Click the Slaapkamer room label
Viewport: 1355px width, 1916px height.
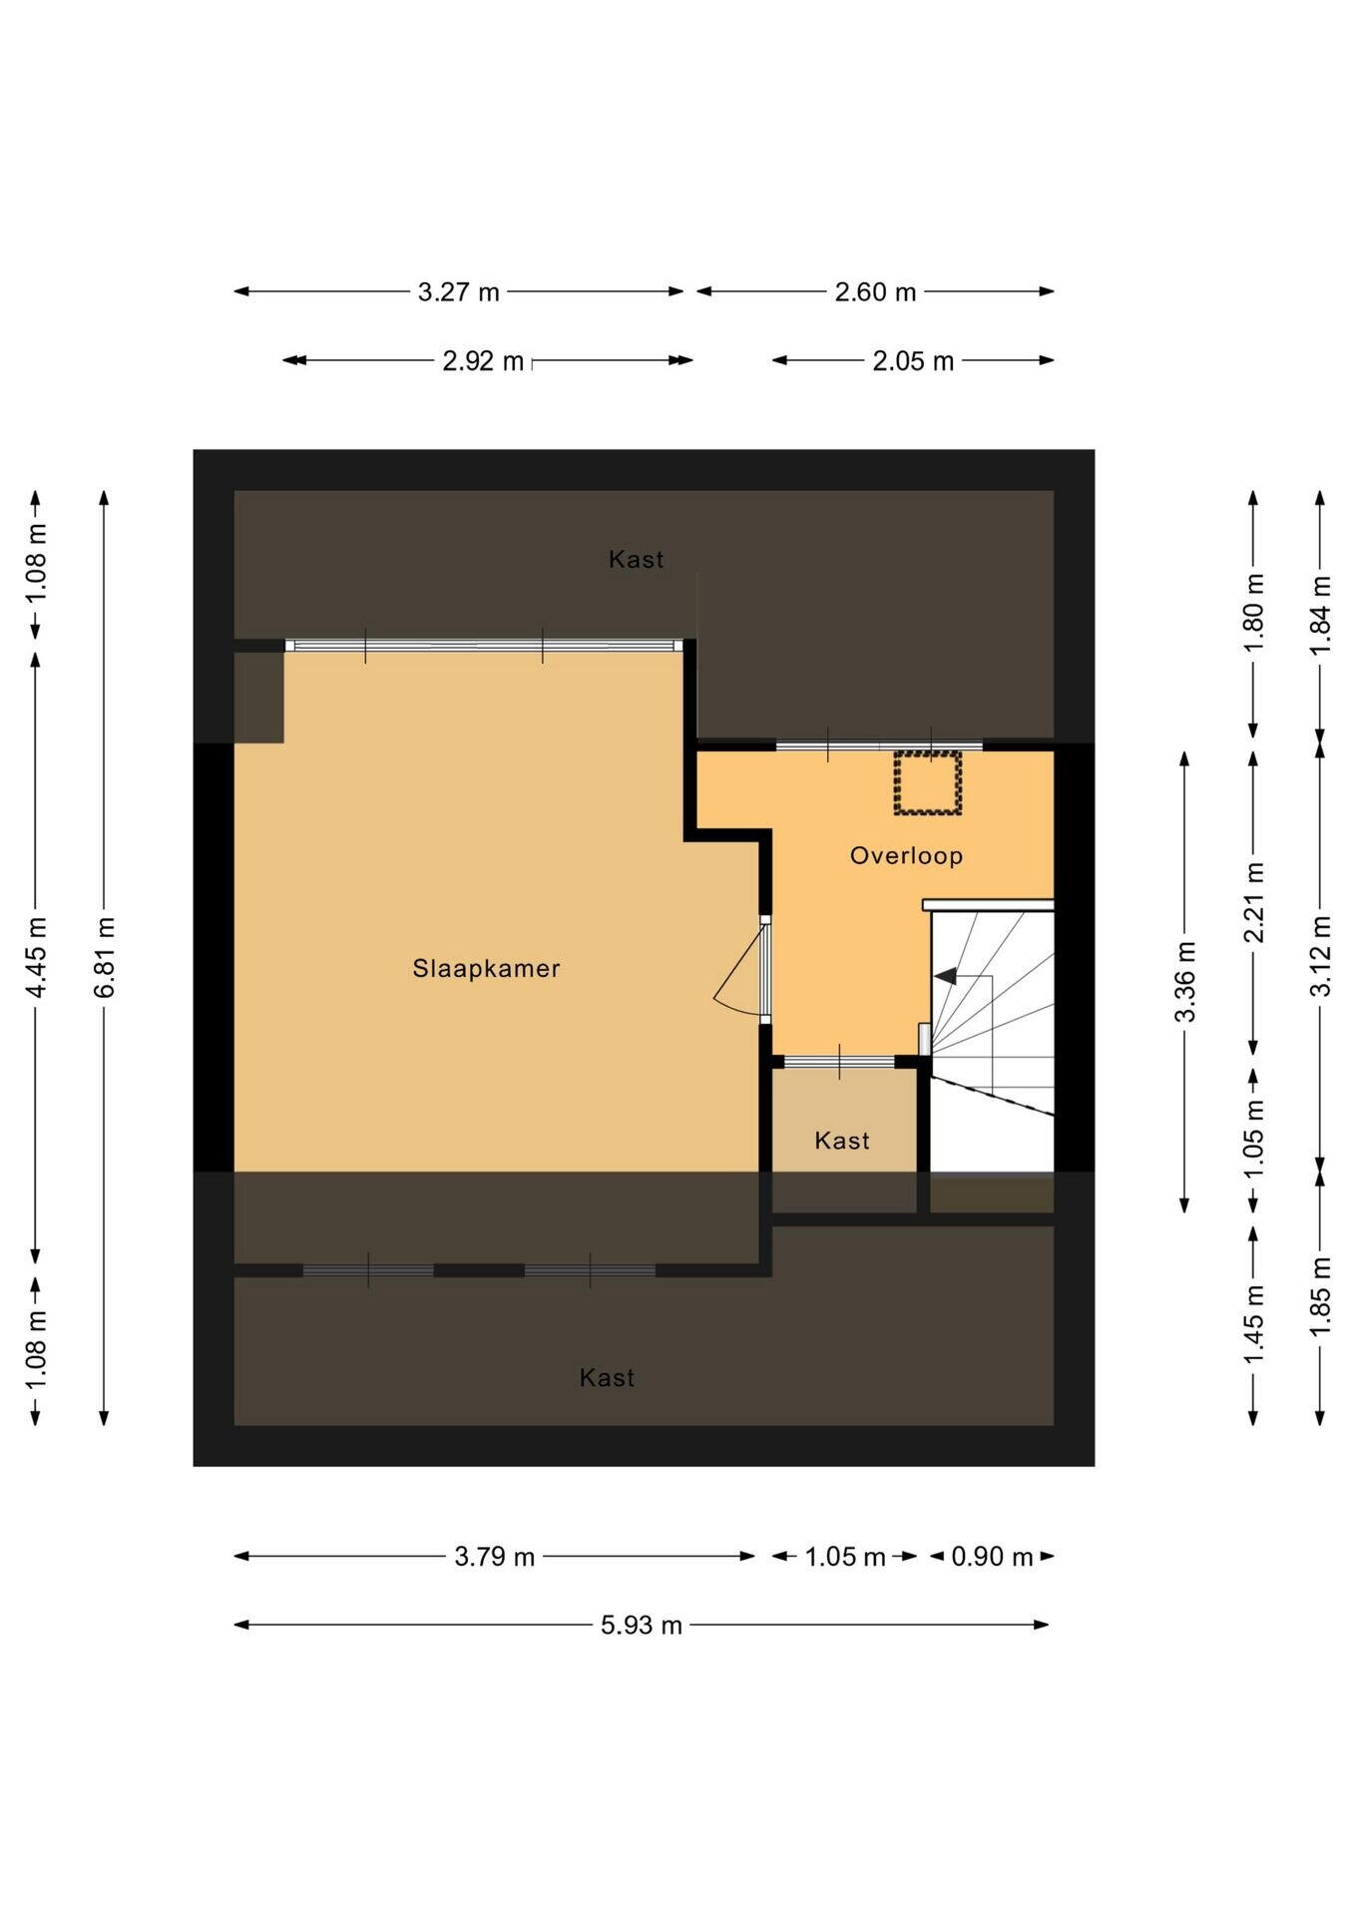(x=486, y=968)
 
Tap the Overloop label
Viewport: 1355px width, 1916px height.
(x=906, y=855)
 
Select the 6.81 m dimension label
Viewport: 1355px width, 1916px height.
(x=105, y=957)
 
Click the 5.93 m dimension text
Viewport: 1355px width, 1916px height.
(x=641, y=1625)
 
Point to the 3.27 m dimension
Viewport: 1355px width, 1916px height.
(x=458, y=292)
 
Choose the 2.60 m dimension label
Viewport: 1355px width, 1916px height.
(x=875, y=292)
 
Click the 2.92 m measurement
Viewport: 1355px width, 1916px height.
(x=483, y=361)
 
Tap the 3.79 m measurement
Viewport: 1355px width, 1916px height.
(x=495, y=1557)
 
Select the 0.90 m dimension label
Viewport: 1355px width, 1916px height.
(x=992, y=1557)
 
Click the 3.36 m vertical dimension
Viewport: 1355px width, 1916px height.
(x=1185, y=982)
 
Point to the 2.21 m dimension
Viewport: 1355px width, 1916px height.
(x=1254, y=902)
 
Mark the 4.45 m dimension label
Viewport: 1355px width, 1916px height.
(x=36, y=957)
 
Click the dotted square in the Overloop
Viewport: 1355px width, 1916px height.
(x=927, y=783)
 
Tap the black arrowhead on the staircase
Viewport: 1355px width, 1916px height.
(x=944, y=976)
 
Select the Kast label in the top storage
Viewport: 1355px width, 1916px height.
(x=636, y=559)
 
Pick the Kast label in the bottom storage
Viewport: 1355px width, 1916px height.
(x=607, y=1377)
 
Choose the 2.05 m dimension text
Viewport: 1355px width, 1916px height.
(x=913, y=361)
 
